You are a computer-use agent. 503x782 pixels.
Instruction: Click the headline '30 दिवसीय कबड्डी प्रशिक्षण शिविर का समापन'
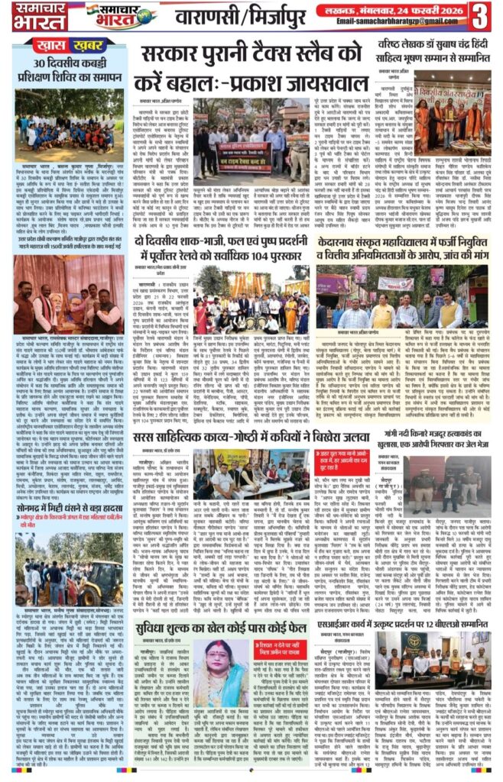pyautogui.click(x=68, y=69)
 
